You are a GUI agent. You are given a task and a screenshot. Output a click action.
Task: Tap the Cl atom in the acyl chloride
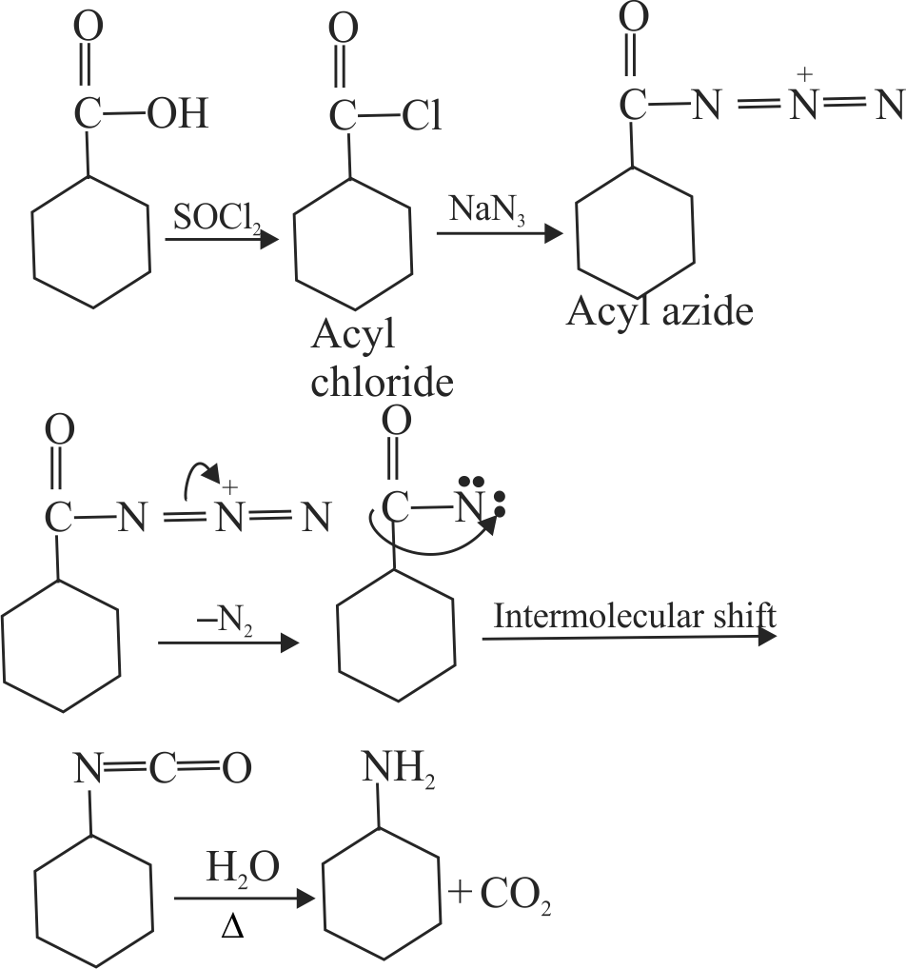(421, 116)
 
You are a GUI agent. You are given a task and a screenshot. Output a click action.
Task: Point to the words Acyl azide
(660, 310)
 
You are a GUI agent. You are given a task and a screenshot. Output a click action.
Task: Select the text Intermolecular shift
(634, 616)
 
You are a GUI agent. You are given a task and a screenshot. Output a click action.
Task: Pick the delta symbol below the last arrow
(231, 925)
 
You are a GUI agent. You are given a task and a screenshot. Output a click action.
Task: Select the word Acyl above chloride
(351, 336)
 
